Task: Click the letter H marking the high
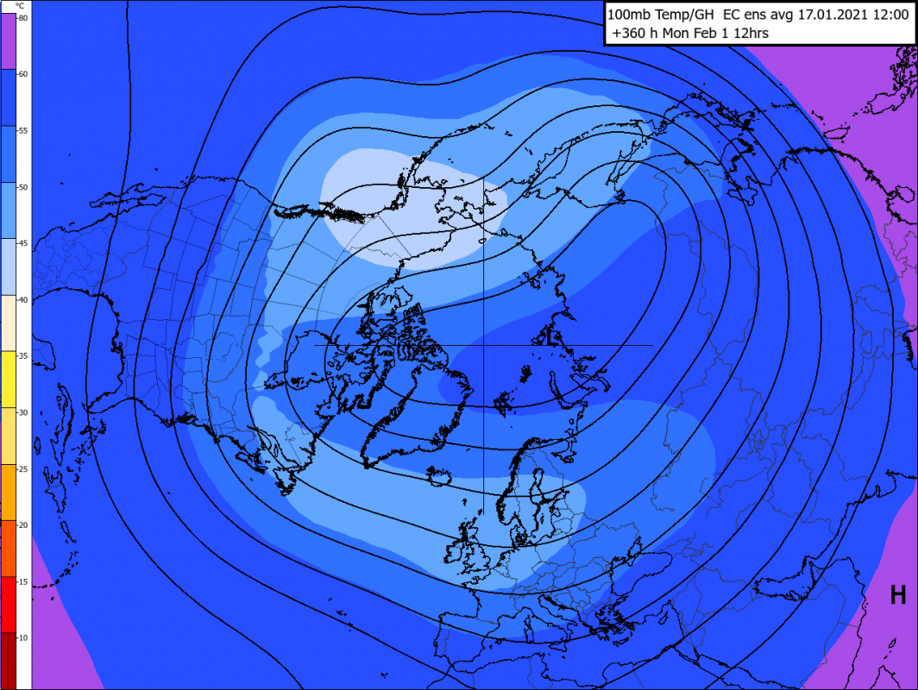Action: (x=898, y=594)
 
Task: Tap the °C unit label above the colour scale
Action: (x=19, y=5)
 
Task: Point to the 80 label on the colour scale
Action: (x=23, y=18)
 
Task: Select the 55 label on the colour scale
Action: (x=23, y=130)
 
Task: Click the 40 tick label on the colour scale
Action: (x=23, y=299)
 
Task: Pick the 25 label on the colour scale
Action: (x=23, y=468)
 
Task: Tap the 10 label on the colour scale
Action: (x=23, y=637)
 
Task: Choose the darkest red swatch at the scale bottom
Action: (x=9, y=661)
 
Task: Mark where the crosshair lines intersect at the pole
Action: (x=483, y=345)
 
